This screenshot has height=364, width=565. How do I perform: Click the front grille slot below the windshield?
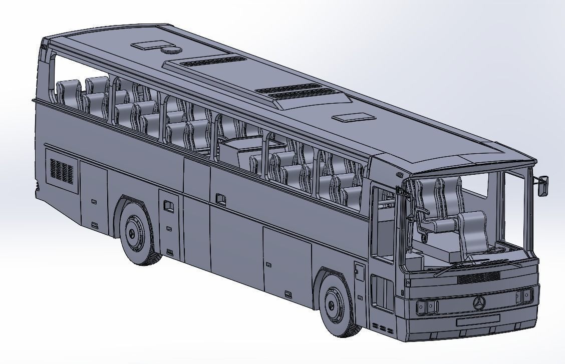coord(479,278)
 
